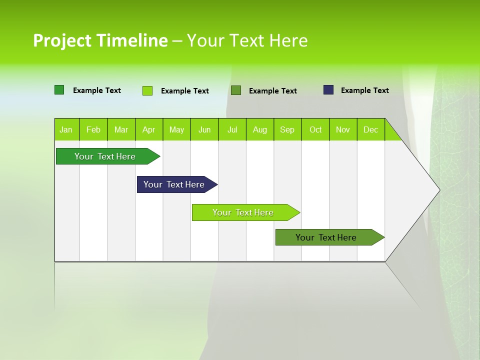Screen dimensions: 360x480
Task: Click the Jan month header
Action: (x=66, y=129)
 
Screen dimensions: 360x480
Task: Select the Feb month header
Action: (x=93, y=129)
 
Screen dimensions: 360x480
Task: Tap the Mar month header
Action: (x=121, y=129)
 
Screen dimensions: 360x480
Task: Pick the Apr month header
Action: (x=148, y=129)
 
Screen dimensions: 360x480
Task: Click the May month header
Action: (x=176, y=129)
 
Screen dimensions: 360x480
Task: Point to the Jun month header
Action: (x=204, y=129)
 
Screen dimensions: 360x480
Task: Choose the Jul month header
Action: (x=232, y=129)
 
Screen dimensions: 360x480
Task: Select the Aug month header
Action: (x=259, y=129)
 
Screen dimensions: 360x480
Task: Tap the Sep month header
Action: (x=287, y=129)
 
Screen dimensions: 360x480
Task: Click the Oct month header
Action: (x=315, y=129)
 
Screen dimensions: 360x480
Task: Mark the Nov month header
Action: (x=343, y=129)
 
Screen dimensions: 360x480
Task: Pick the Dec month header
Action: (x=370, y=129)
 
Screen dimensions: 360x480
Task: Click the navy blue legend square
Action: (x=328, y=90)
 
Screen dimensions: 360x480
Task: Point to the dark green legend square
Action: (x=59, y=90)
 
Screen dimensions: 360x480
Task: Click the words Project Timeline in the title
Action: (x=100, y=40)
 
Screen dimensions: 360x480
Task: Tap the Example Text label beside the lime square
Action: (x=184, y=91)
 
